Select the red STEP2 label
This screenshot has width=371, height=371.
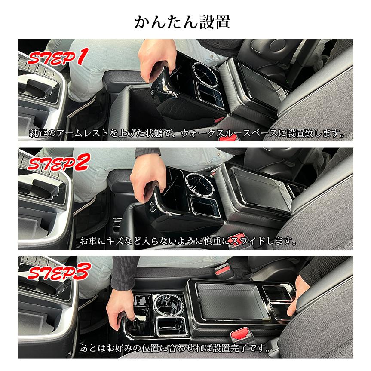pyautogui.click(x=58, y=163)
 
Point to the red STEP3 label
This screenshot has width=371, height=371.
pyautogui.click(x=58, y=272)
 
